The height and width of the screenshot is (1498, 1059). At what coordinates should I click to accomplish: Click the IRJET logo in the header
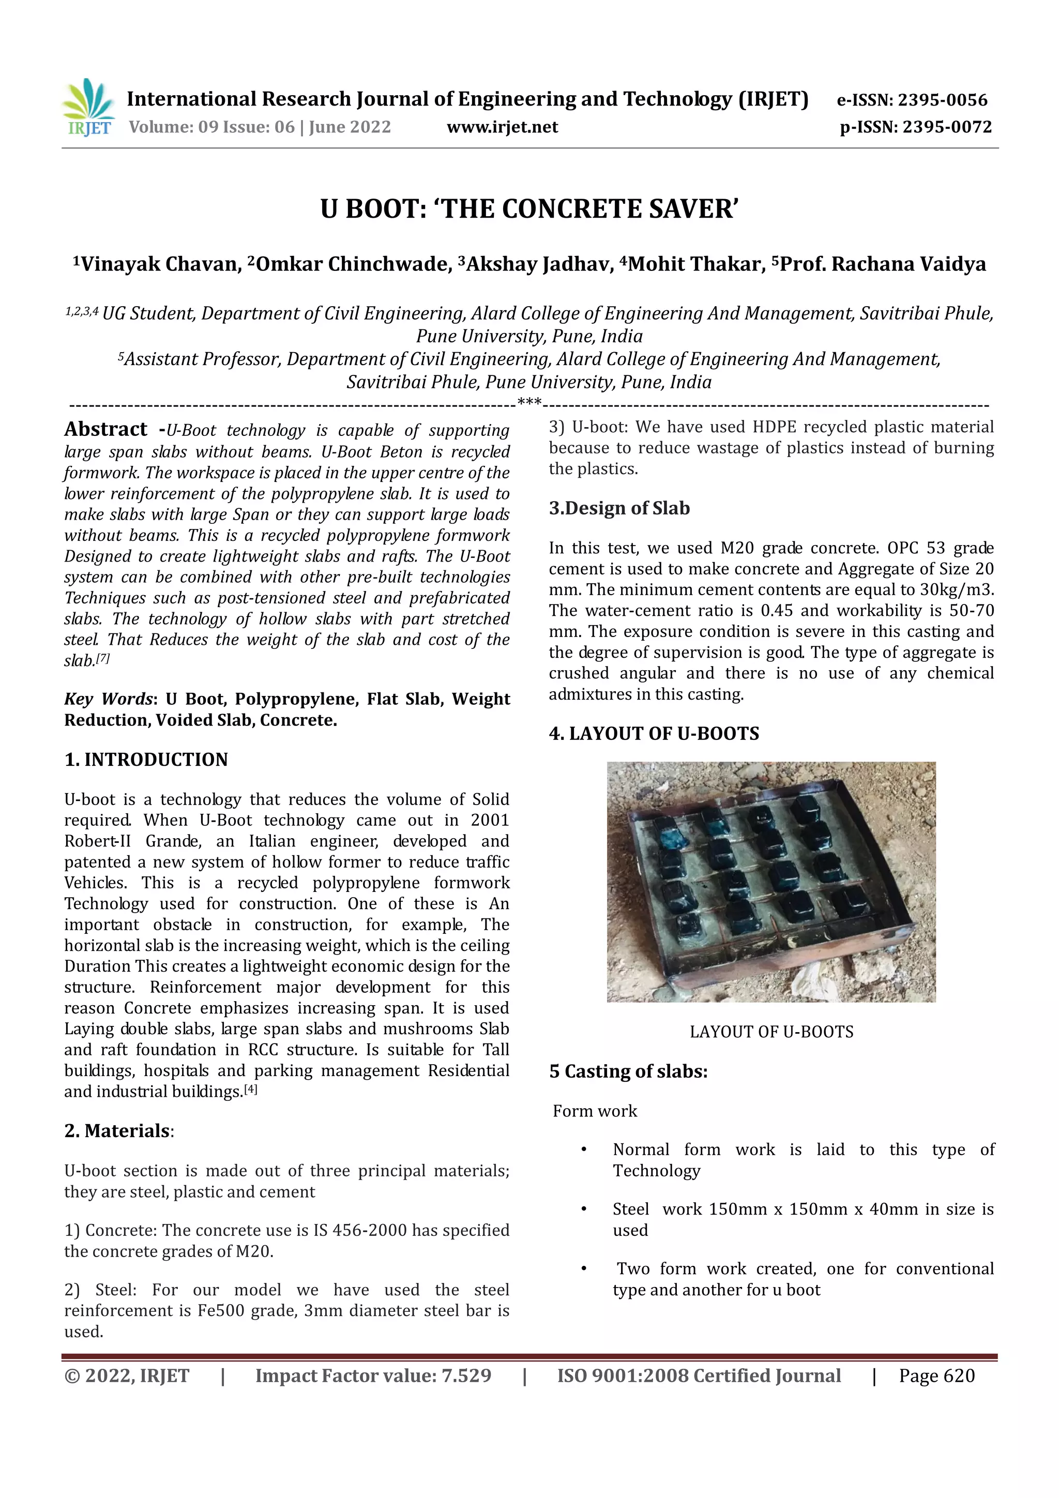tap(89, 108)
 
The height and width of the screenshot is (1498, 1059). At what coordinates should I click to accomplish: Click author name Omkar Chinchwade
tap(352, 264)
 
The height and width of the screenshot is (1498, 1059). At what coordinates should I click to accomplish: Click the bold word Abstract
tap(105, 429)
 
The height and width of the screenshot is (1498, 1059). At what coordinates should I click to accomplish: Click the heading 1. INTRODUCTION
tap(146, 760)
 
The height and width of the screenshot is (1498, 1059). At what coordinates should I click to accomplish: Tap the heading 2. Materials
tap(117, 1131)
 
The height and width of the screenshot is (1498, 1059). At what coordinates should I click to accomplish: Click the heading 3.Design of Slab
tap(618, 508)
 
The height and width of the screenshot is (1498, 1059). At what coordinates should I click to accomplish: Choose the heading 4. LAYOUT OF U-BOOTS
tap(654, 733)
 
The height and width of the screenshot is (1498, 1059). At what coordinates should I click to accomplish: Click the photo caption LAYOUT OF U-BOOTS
tap(771, 1032)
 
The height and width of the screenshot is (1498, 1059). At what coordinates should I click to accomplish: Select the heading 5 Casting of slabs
tap(628, 1071)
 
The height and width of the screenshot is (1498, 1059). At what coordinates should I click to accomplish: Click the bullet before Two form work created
tap(584, 1268)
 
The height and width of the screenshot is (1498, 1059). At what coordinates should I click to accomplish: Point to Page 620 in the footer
tap(936, 1375)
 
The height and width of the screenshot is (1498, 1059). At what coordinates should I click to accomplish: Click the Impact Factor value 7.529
tap(466, 1375)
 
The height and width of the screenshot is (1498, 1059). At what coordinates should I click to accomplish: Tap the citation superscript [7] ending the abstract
tap(103, 659)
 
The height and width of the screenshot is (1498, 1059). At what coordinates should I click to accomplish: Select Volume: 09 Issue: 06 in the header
tap(211, 127)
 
